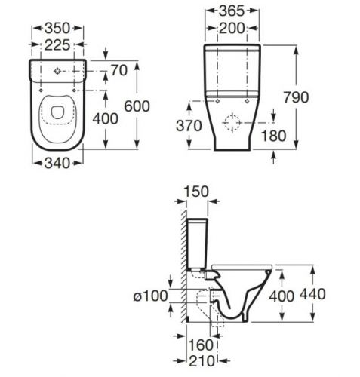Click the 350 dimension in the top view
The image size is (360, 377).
57,28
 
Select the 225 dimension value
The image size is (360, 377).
57,45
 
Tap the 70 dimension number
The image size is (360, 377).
119,71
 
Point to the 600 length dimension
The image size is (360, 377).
137,106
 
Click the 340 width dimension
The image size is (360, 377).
57,164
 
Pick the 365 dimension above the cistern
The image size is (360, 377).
232,11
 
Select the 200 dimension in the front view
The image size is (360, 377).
232,28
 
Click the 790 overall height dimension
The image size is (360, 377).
296,97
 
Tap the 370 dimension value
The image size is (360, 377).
189,126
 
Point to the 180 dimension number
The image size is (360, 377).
274,136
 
